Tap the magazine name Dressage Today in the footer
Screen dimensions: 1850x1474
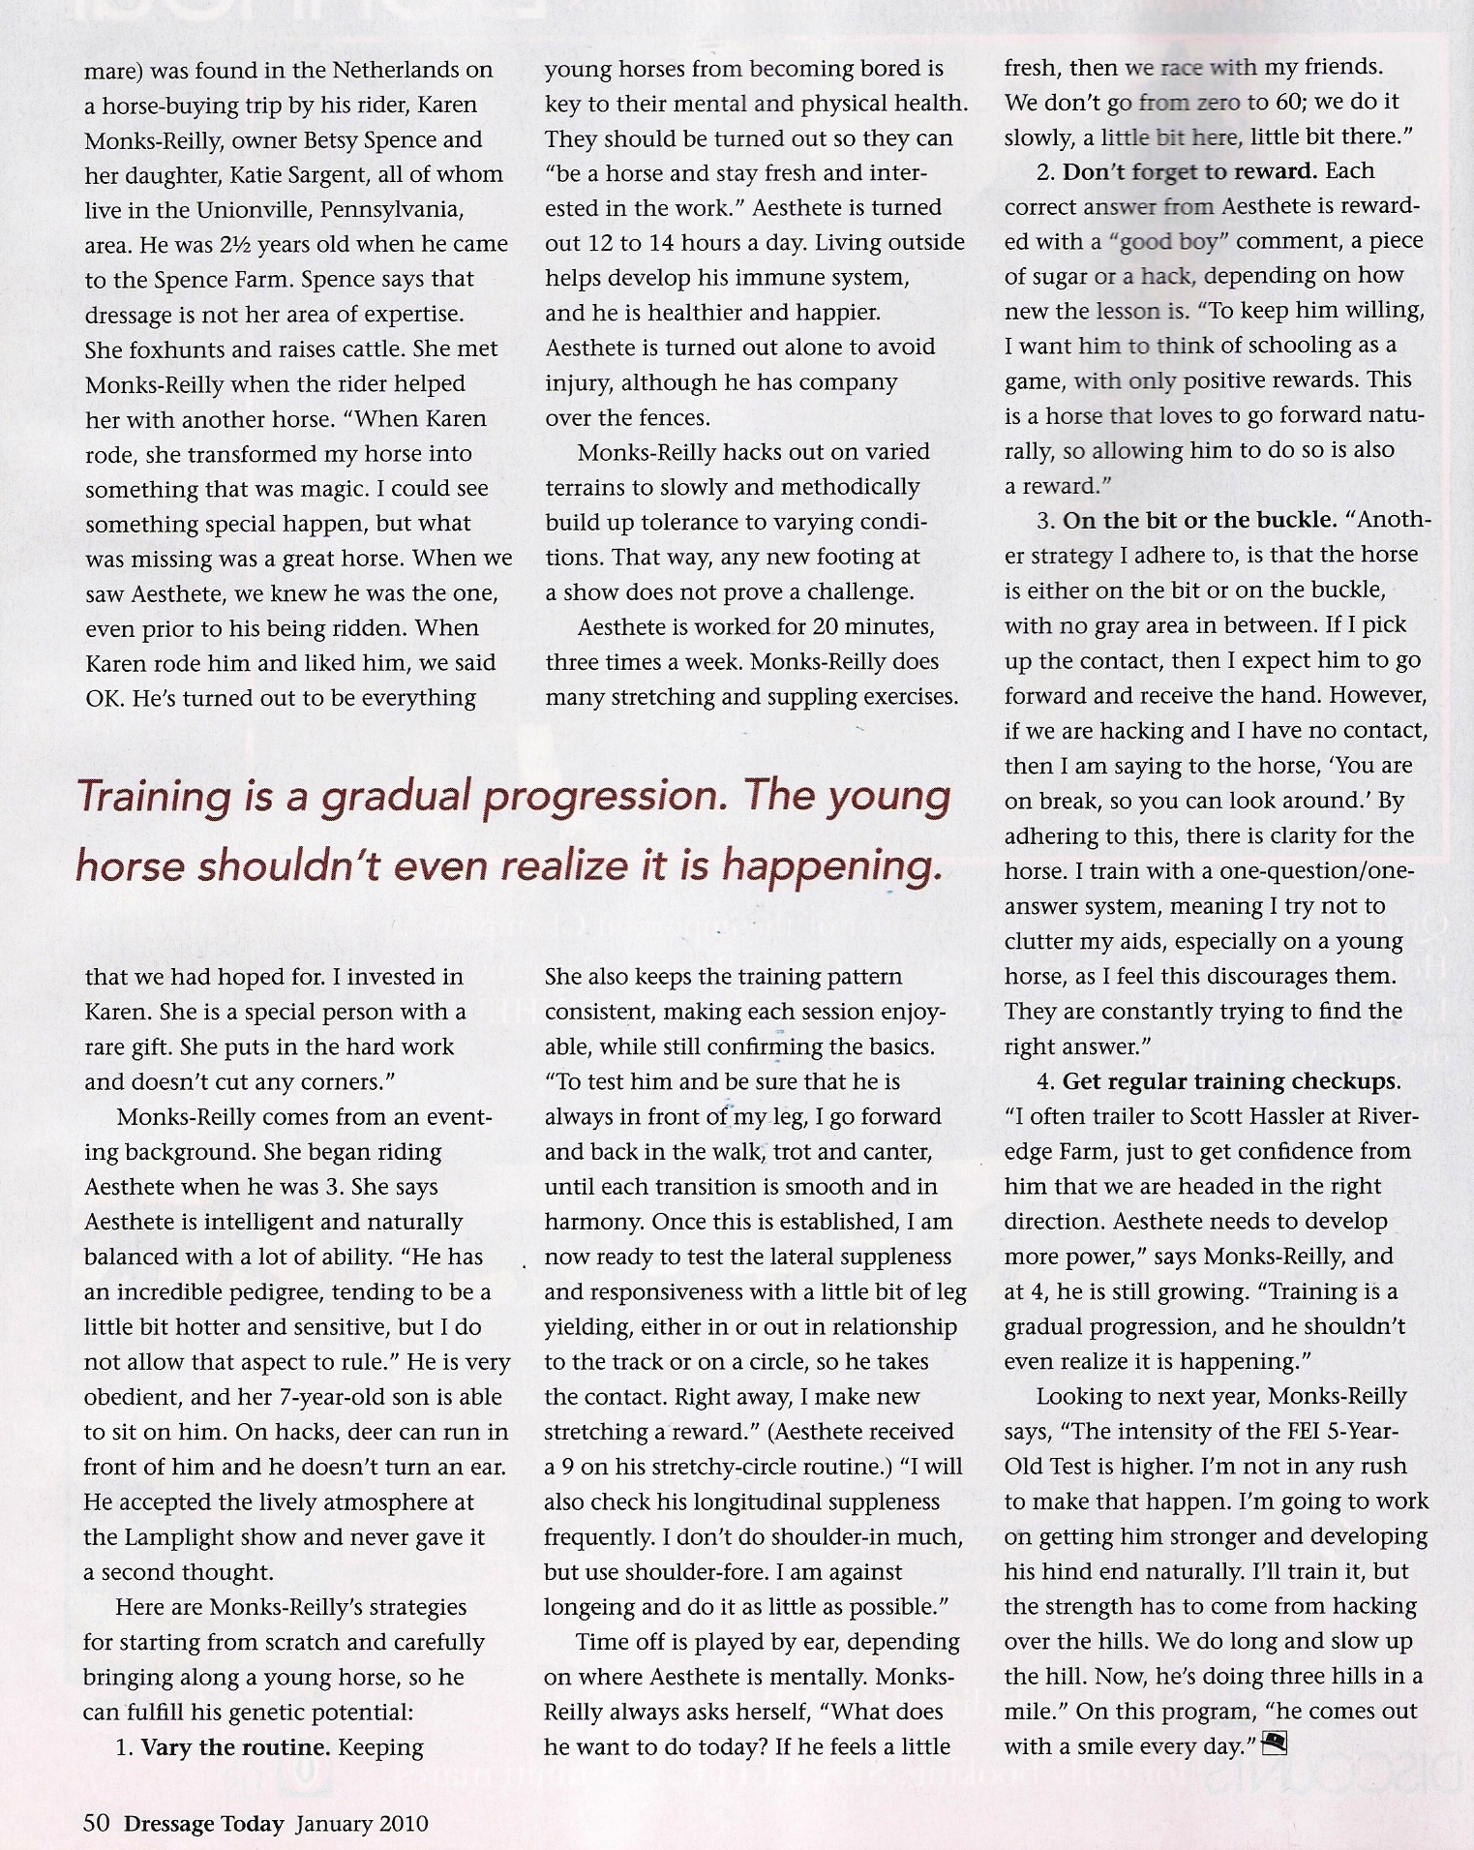tap(203, 1824)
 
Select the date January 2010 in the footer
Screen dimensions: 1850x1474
tap(362, 1824)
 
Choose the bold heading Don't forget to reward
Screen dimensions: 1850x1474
tap(1189, 171)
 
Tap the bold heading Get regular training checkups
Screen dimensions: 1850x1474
tap(1231, 1081)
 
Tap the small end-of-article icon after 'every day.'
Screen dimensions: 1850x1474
tap(1277, 1743)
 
